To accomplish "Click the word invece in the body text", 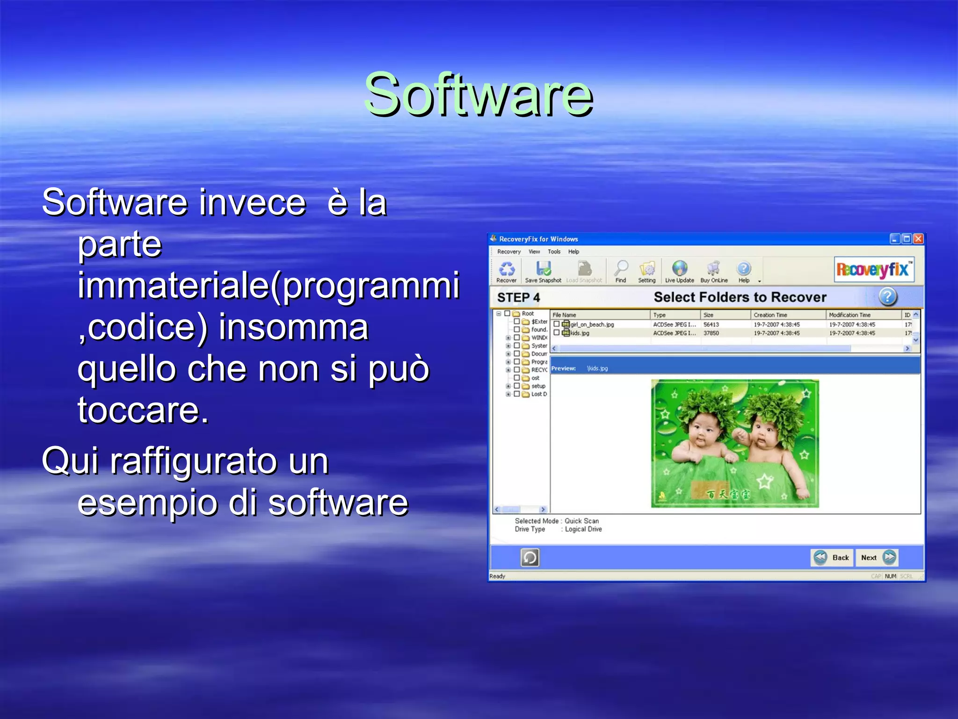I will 253,203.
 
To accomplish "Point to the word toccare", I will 143,411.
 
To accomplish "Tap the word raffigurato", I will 219,461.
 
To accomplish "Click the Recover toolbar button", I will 507,271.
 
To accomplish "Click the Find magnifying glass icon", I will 621,269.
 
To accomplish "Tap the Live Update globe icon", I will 680,269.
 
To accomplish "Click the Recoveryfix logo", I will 874,270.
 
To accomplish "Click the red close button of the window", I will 918,239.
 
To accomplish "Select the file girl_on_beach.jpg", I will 592,324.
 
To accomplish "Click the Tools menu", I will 554,252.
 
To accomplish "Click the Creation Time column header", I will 770,315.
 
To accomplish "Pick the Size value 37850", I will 711,333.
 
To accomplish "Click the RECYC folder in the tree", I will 539,370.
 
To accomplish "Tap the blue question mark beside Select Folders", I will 887,297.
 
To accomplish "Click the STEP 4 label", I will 518,297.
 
